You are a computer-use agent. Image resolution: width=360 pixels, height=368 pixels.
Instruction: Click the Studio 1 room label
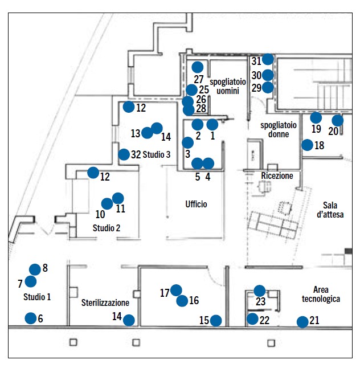37,297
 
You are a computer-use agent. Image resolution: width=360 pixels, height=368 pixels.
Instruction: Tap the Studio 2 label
107,228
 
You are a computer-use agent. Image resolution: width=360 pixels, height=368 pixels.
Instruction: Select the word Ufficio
196,204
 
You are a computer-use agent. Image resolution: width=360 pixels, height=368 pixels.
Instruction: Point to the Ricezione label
277,176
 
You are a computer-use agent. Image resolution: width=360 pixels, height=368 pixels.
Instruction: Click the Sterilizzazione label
105,302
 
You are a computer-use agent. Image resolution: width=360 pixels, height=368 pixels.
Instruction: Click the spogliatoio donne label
275,129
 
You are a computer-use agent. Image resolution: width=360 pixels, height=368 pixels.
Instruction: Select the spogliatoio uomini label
227,87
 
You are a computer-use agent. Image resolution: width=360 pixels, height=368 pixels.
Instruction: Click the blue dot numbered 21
302,322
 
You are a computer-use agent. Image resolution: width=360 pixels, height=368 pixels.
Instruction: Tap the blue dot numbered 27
198,67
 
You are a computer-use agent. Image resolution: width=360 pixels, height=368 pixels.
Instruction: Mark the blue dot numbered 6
30,318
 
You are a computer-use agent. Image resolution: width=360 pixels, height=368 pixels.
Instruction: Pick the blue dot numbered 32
124,154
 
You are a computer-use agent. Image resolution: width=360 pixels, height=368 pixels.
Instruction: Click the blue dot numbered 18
307,145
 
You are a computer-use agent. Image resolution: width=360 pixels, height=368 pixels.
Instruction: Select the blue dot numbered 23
260,291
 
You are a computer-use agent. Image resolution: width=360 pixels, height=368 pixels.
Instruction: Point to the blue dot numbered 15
216,321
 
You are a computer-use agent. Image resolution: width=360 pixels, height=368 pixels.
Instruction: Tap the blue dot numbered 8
35,269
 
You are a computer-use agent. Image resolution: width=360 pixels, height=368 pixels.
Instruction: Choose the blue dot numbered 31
268,59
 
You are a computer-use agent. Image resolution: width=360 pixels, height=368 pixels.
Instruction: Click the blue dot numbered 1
212,124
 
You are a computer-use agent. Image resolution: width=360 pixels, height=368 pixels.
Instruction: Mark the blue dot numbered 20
338,120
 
